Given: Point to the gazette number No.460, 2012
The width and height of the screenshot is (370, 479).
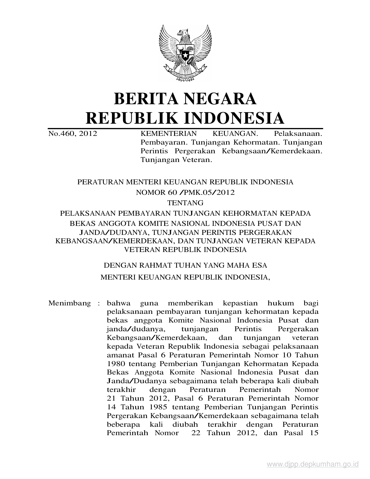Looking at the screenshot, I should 73,134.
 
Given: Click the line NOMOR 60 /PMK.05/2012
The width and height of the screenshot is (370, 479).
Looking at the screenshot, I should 185,192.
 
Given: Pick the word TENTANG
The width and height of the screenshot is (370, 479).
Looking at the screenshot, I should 185,203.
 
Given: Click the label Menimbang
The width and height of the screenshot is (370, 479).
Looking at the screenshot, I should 70,304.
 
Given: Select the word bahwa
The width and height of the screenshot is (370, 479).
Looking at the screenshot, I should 119,304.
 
